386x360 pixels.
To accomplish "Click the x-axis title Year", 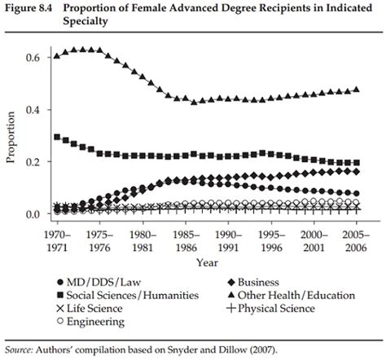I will [207, 262].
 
